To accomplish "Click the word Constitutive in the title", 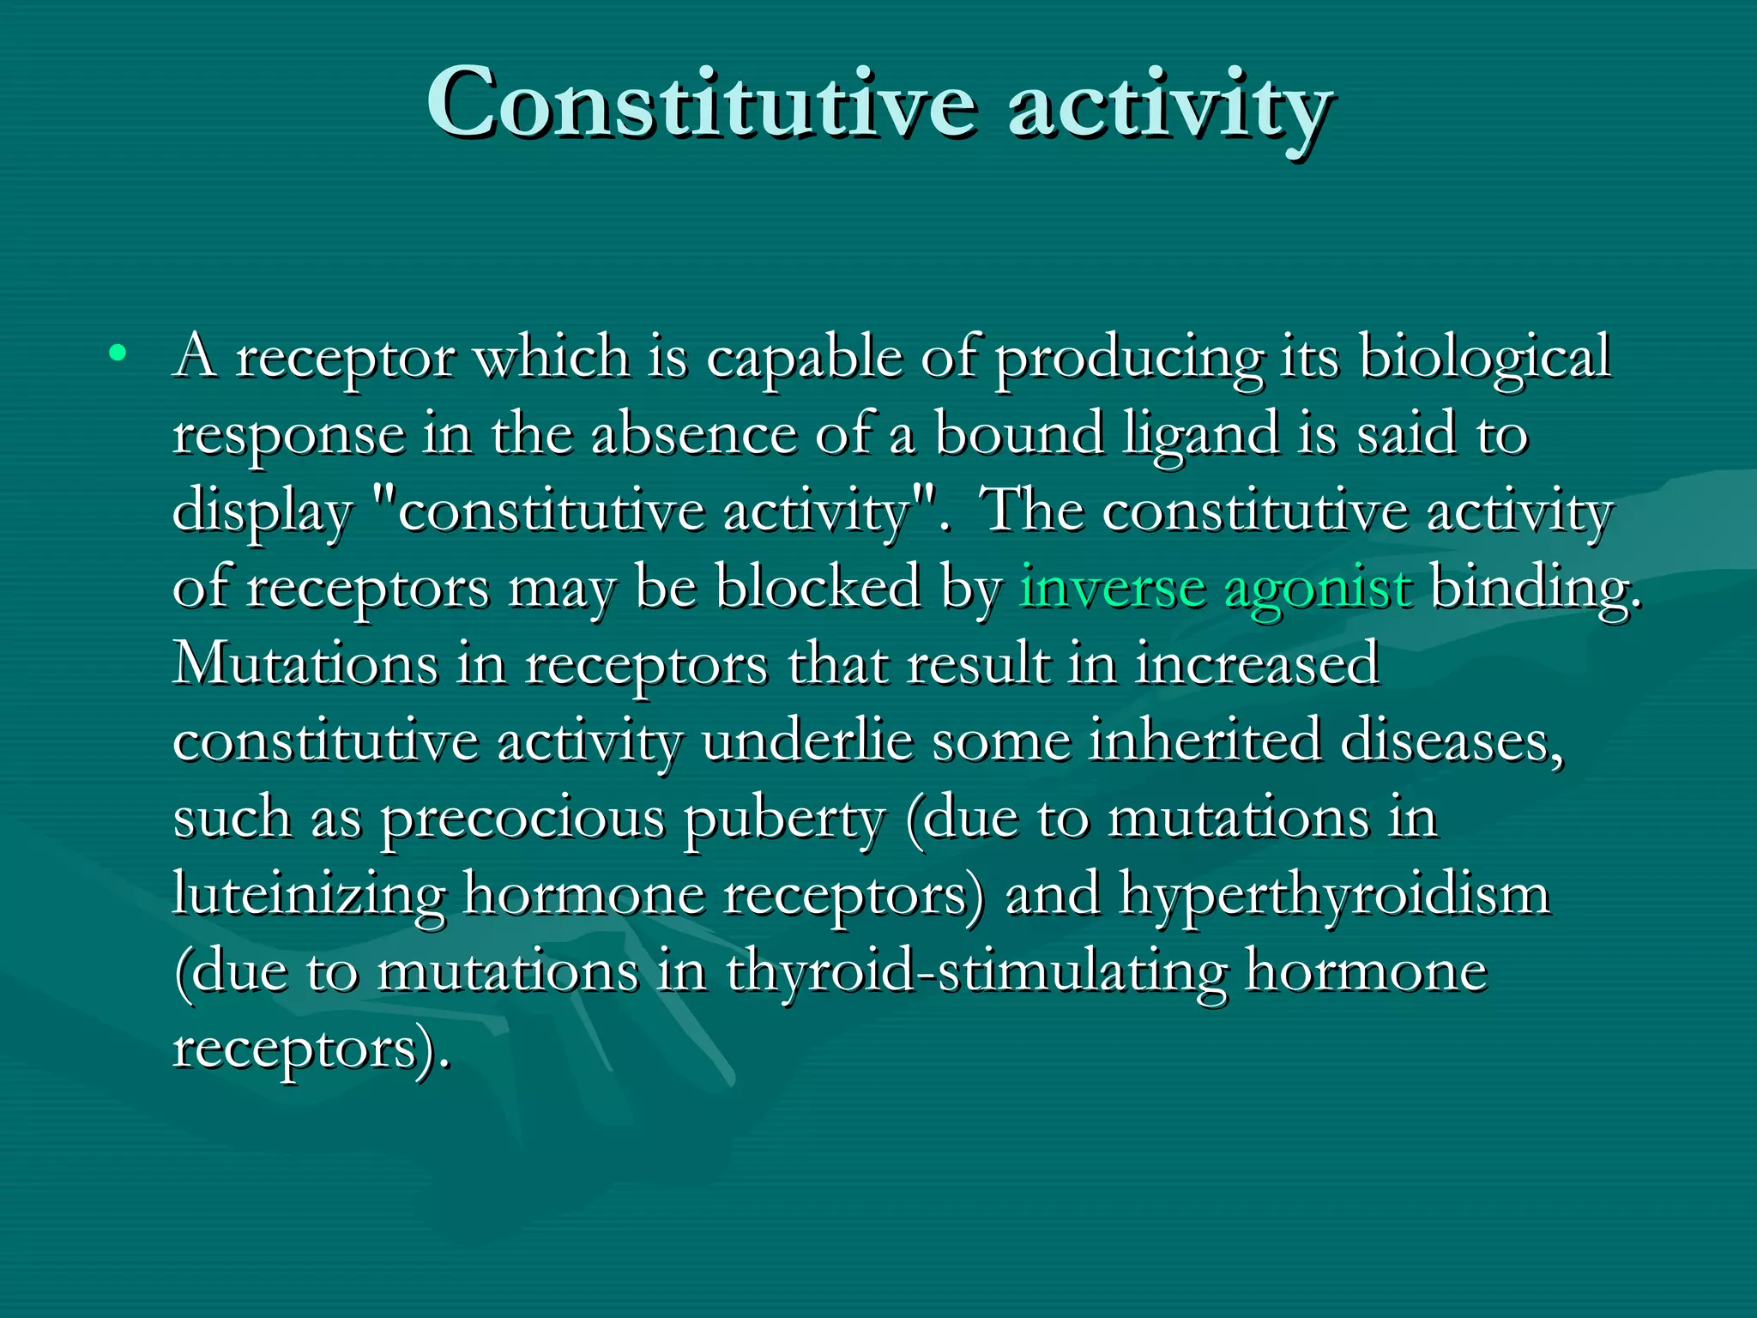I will pos(701,105).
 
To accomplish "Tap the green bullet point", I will pos(118,353).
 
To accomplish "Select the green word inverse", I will pos(1112,589).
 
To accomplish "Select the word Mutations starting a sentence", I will pos(305,664).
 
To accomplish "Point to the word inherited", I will pos(1205,742).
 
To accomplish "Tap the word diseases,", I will pos(1452,742).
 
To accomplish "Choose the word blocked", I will pos(818,589).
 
